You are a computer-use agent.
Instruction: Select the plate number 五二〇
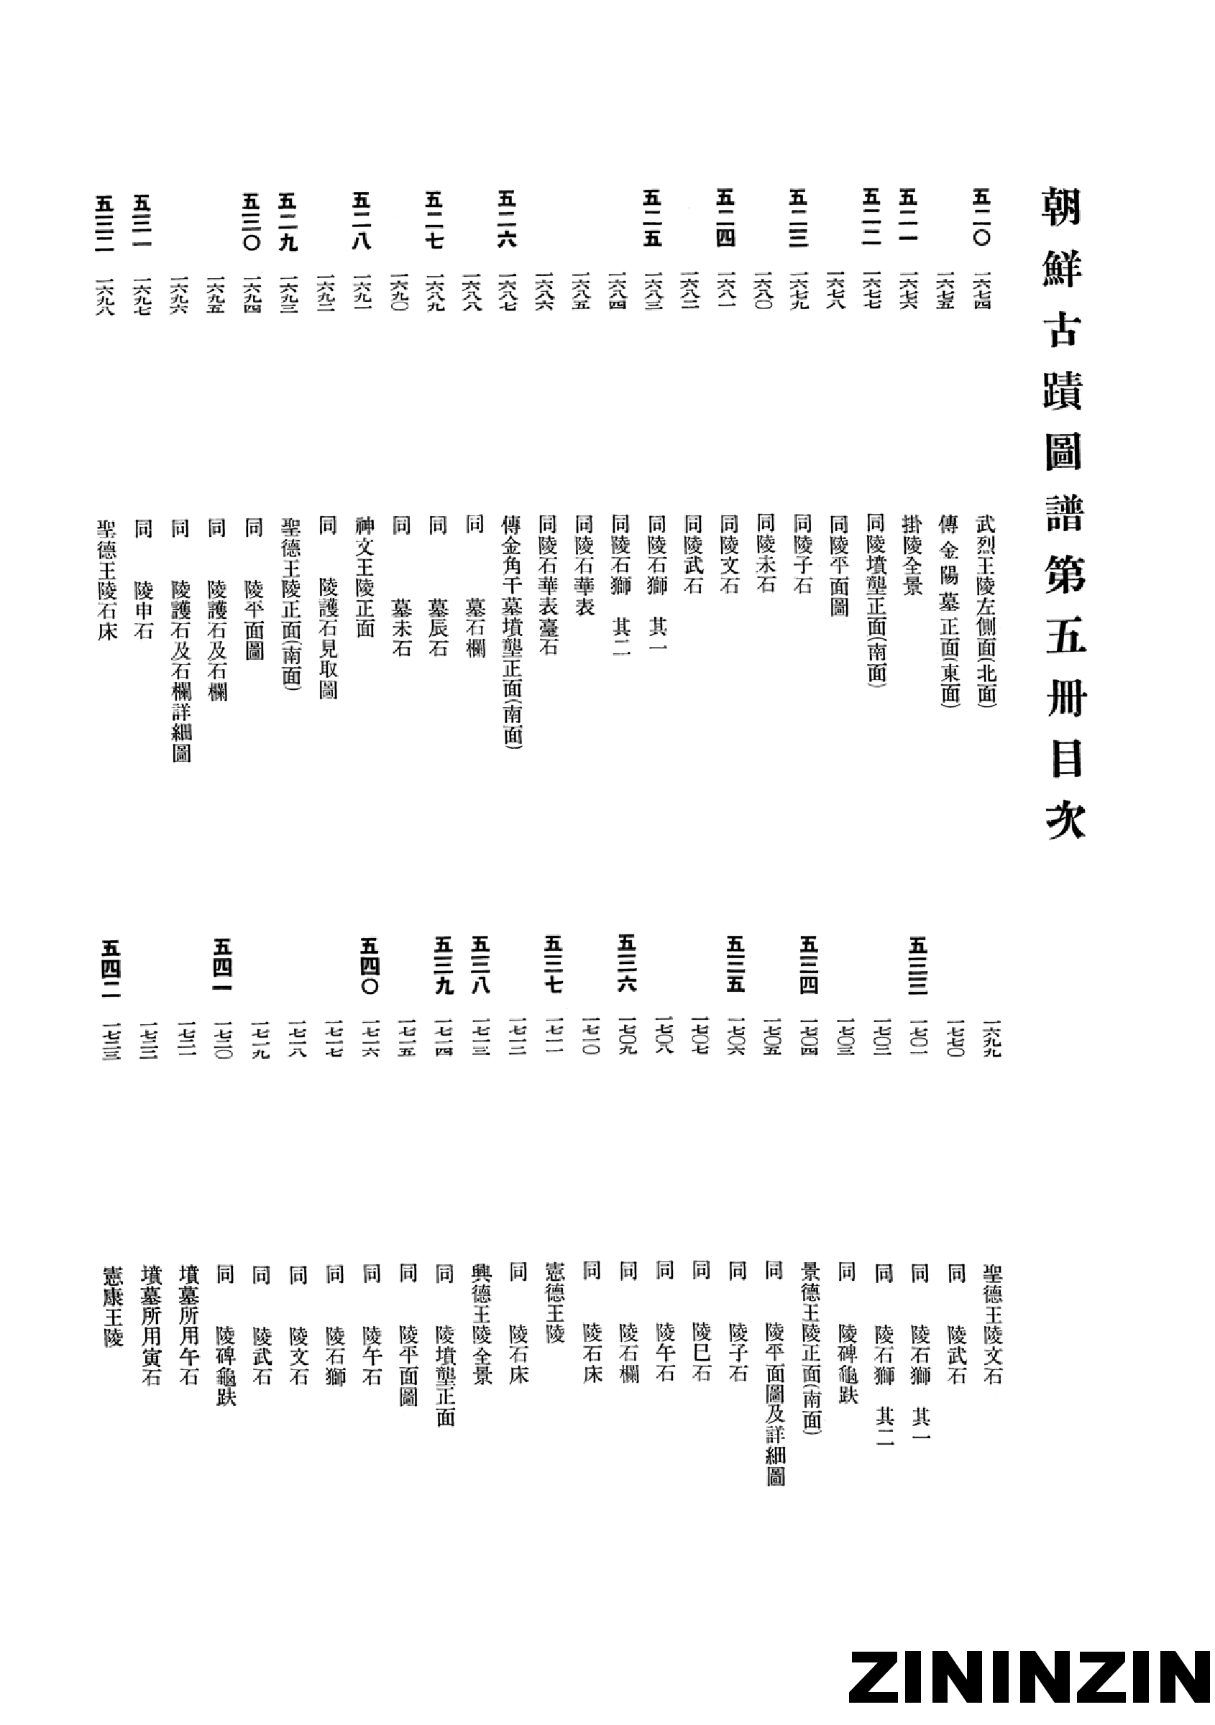click(x=982, y=217)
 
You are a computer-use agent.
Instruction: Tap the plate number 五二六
click(x=507, y=218)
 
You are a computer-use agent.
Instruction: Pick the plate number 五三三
click(x=918, y=965)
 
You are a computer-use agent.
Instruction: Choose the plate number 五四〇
click(x=369, y=965)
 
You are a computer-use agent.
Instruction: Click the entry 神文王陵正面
click(x=365, y=576)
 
